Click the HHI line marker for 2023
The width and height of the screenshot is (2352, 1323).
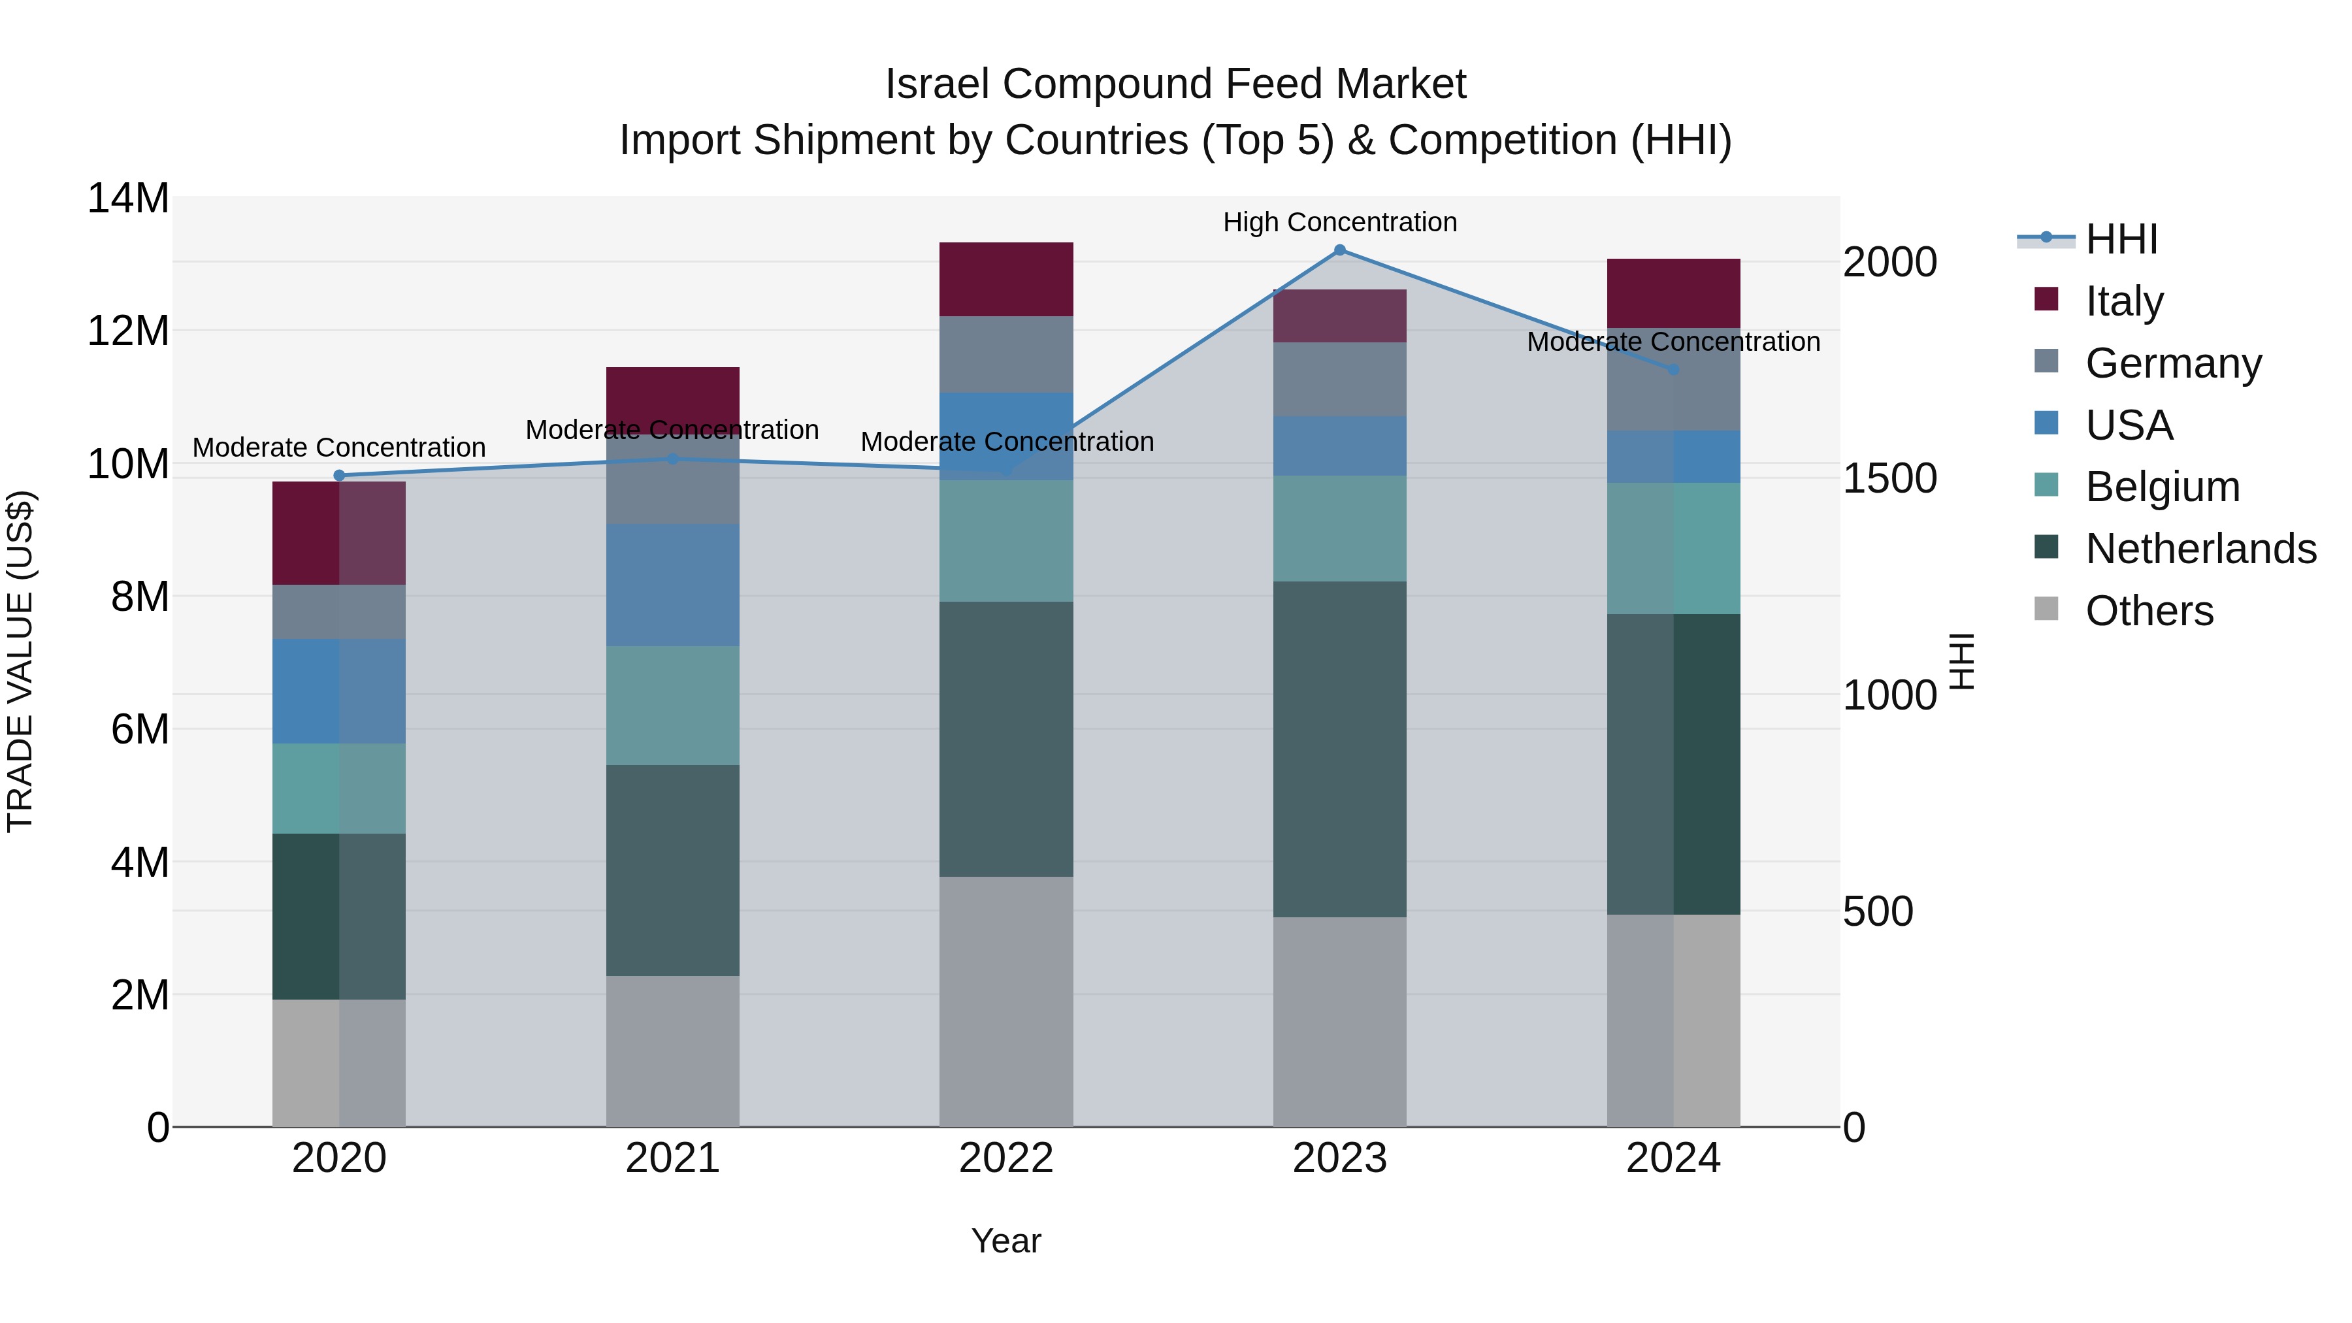(1339, 250)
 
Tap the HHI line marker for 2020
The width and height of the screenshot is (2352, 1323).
(338, 475)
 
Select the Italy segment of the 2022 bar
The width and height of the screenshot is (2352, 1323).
(1006, 280)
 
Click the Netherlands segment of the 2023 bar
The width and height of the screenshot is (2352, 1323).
(1339, 749)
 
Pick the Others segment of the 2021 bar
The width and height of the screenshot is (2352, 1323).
(672, 1050)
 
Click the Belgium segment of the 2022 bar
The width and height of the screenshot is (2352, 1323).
(1006, 540)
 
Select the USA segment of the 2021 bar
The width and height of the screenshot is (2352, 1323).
(672, 584)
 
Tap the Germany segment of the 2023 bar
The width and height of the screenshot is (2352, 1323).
(1339, 379)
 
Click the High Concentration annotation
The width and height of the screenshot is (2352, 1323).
(1339, 222)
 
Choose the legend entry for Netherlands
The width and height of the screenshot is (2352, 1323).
(2200, 549)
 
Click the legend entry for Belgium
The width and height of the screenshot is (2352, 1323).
(2162, 487)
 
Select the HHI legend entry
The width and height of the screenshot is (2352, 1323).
(2120, 239)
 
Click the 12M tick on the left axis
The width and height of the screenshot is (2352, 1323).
(128, 331)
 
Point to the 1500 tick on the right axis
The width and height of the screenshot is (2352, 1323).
(1889, 478)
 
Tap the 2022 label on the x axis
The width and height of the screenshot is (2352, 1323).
(1006, 1158)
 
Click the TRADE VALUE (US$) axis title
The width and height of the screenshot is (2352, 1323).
(20, 661)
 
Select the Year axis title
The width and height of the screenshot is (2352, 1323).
(1006, 1241)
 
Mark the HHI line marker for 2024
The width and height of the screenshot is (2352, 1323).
(1674, 370)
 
